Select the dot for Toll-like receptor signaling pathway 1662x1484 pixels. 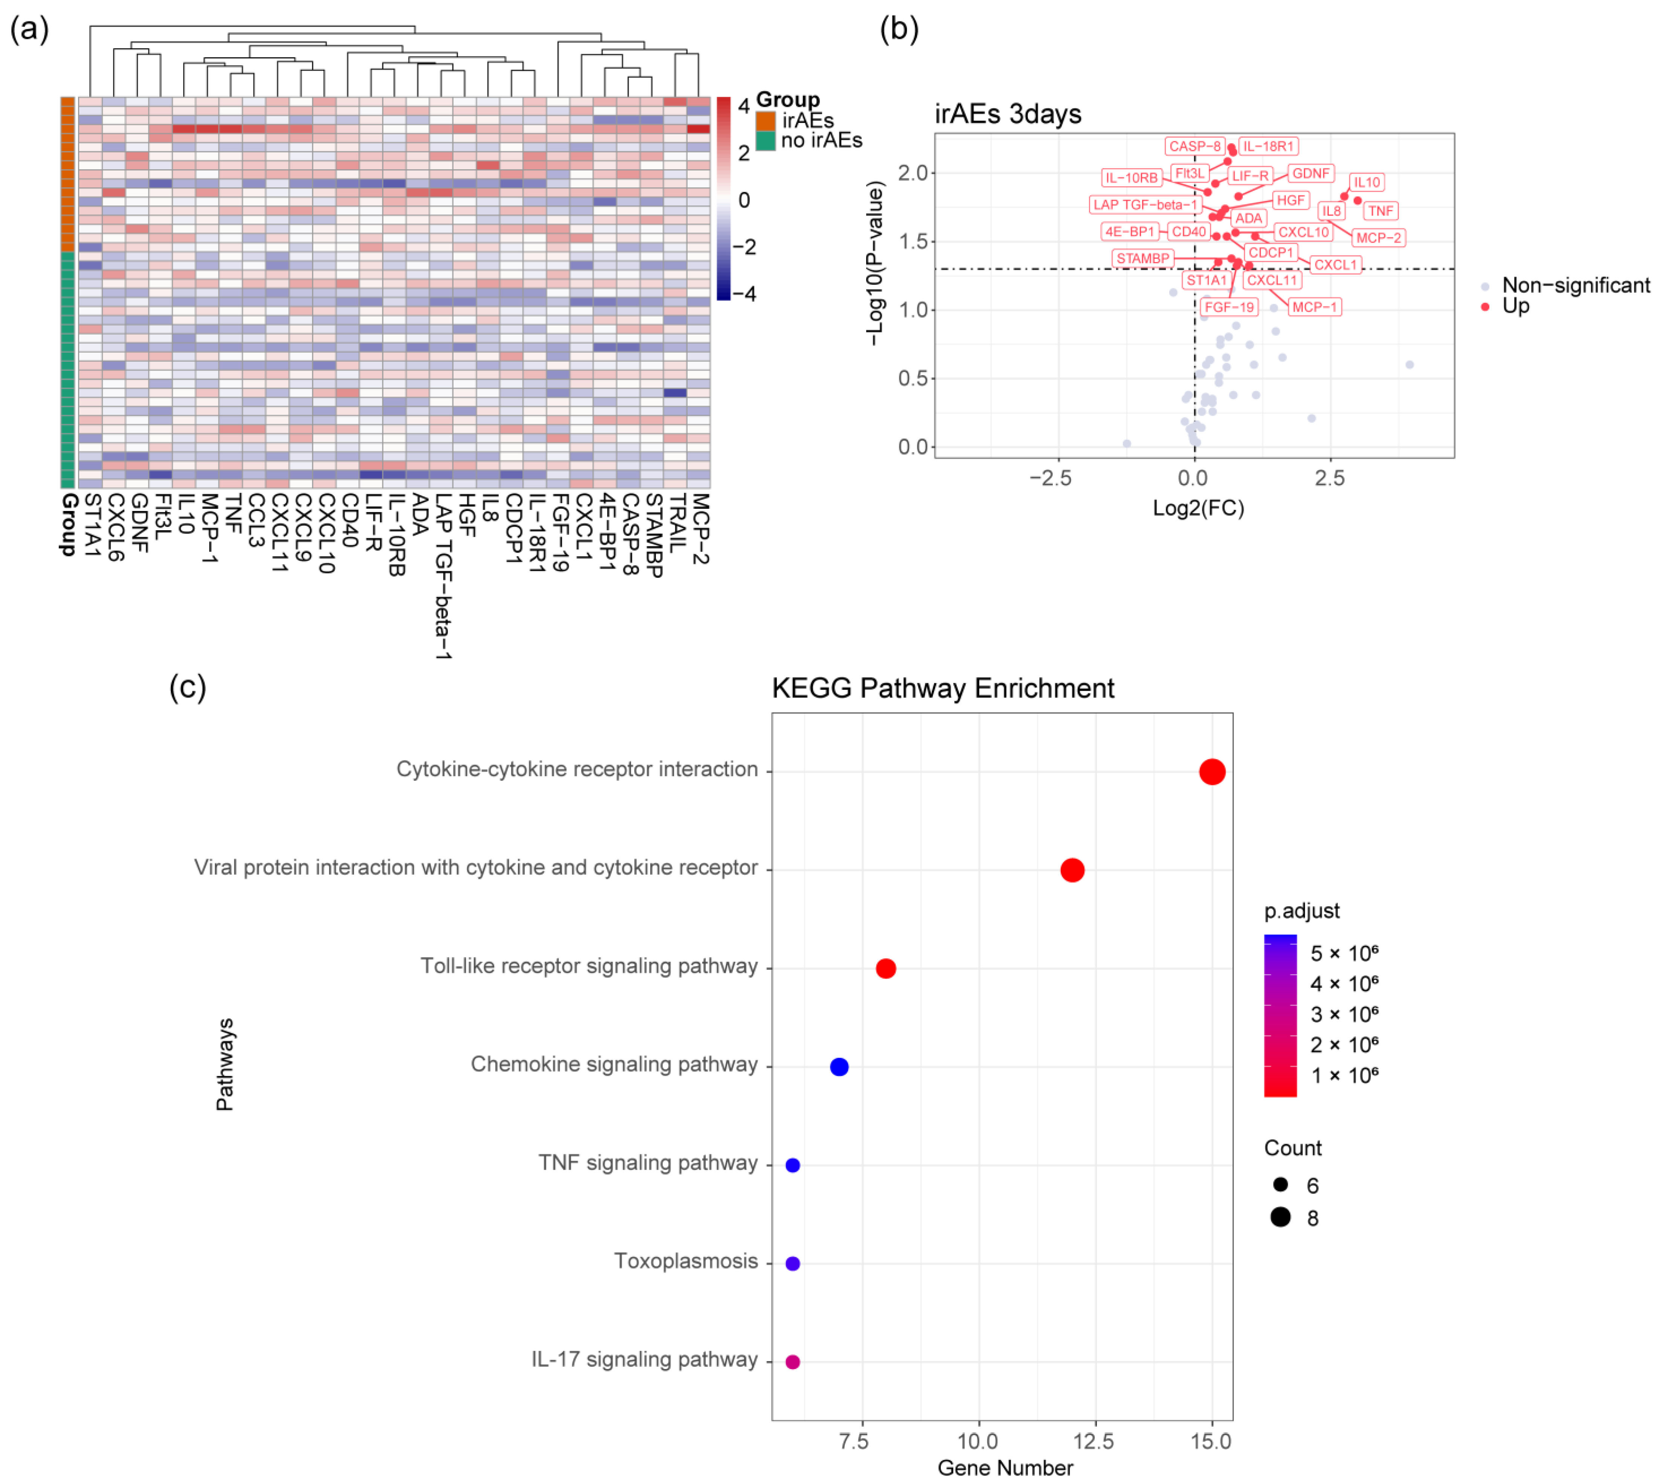point(885,968)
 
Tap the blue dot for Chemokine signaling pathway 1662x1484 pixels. point(839,1066)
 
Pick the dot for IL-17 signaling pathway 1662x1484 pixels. point(792,1362)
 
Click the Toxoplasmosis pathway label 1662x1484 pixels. point(685,1261)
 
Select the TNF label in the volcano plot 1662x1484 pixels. point(1380,211)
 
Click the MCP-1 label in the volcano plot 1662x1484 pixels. point(1314,308)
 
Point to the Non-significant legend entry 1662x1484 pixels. point(1575,285)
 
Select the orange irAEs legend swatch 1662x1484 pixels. point(765,121)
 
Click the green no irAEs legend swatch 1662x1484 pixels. point(765,141)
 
